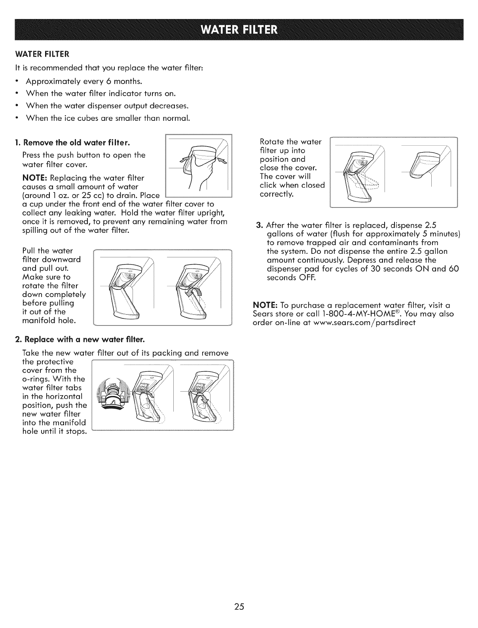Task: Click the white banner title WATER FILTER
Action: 239,30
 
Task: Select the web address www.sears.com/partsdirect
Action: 368,322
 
